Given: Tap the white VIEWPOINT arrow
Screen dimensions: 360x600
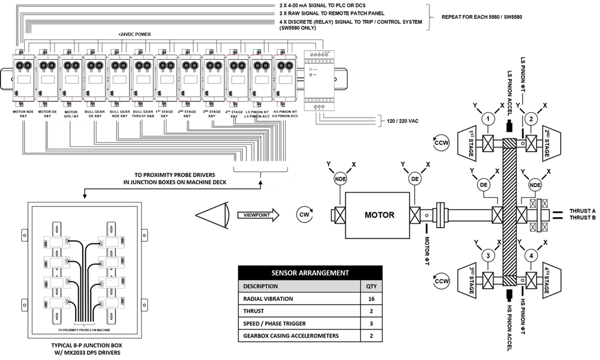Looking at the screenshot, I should pyautogui.click(x=258, y=215).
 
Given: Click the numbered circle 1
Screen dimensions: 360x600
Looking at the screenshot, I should pyautogui.click(x=489, y=119).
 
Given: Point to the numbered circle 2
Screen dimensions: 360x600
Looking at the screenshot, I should pyautogui.click(x=531, y=119).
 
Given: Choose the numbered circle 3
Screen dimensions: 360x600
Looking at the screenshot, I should pyautogui.click(x=489, y=256).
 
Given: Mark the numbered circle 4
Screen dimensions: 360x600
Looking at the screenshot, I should pyautogui.click(x=531, y=256).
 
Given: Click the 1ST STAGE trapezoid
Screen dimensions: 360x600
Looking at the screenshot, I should pyautogui.click(x=469, y=144).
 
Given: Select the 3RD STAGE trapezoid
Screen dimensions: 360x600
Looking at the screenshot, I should pyautogui.click(x=469, y=281).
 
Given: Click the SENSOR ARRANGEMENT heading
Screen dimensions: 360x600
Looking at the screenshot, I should pyautogui.click(x=310, y=273).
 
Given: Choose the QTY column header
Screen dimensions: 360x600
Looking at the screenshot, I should pyautogui.click(x=371, y=286).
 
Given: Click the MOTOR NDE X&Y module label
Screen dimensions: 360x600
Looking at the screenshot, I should pyautogui.click(x=23, y=114).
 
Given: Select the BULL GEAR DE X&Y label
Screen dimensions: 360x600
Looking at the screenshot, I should pyautogui.click(x=95, y=114).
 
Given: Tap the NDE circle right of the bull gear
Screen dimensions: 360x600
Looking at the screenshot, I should pyautogui.click(x=535, y=185).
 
